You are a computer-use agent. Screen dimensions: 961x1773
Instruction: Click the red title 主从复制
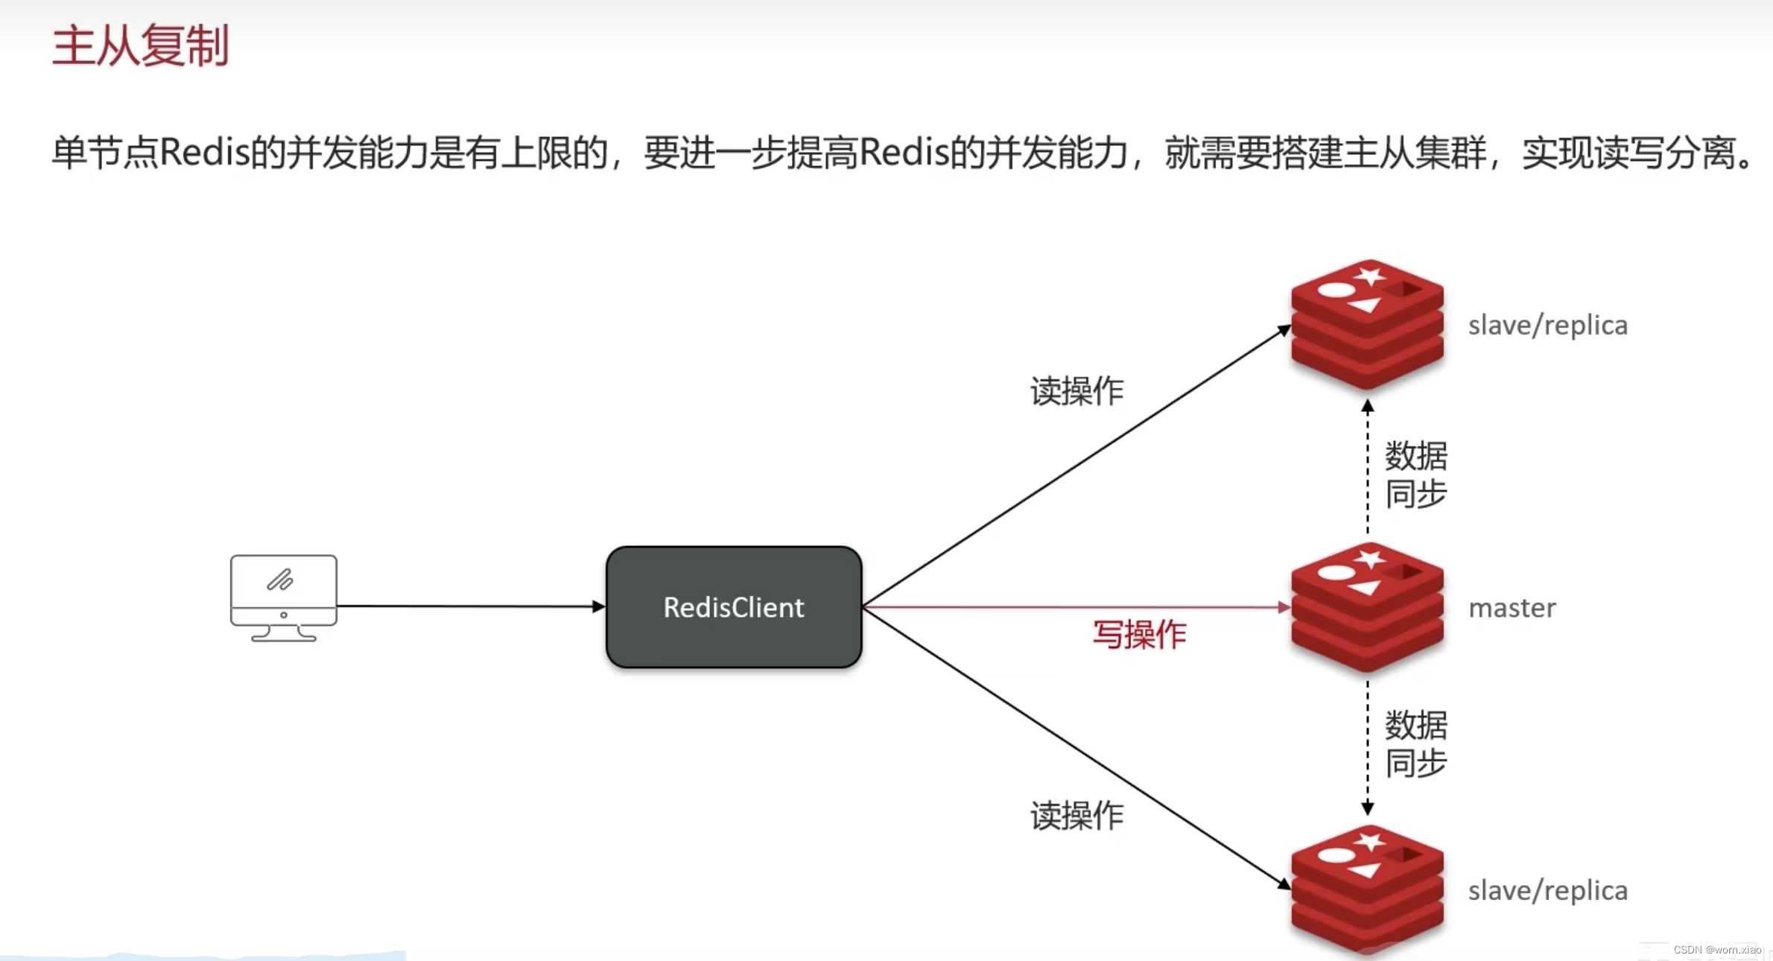click(140, 46)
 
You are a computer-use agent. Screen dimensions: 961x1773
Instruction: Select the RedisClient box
click(734, 607)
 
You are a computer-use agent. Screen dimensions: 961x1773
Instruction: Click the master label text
click(1512, 609)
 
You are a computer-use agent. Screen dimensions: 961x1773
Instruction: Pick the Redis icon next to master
click(1367, 607)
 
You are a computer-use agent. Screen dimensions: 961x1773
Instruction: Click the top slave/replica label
click(1547, 326)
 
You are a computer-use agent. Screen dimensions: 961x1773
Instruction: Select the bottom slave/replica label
click(1547, 891)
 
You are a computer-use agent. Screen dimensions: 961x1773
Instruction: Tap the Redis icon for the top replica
click(1367, 324)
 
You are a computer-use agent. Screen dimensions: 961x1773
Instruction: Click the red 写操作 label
click(1139, 635)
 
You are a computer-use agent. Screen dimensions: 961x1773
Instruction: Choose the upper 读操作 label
click(1076, 391)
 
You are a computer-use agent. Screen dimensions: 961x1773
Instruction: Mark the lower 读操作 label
click(1076, 816)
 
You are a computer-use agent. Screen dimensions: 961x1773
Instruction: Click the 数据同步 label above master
click(1415, 475)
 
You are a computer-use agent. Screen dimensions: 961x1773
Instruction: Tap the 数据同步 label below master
click(1415, 743)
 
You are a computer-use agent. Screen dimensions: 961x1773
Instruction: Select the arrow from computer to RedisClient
click(469, 606)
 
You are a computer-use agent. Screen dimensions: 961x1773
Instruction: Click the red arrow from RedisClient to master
click(1073, 607)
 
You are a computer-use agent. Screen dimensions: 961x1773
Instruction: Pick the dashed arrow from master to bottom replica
click(1368, 745)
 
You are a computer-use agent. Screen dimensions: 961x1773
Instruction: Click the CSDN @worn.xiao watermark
click(1717, 950)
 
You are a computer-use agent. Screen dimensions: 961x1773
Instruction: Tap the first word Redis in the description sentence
click(205, 153)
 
